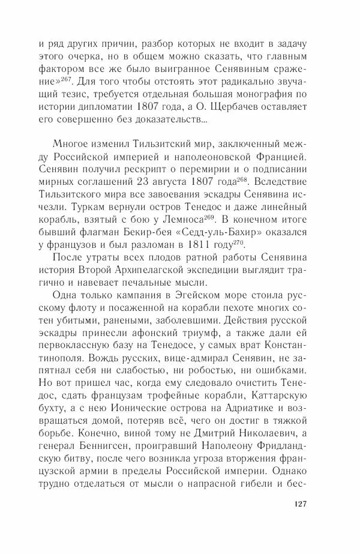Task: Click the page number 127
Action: point(298,520)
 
